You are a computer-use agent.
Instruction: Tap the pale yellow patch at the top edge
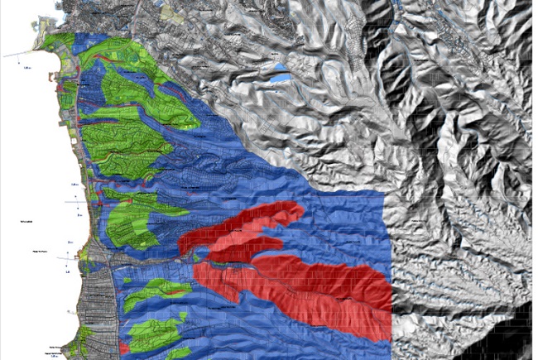[175, 12]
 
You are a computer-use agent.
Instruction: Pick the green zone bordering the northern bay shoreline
[58, 46]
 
